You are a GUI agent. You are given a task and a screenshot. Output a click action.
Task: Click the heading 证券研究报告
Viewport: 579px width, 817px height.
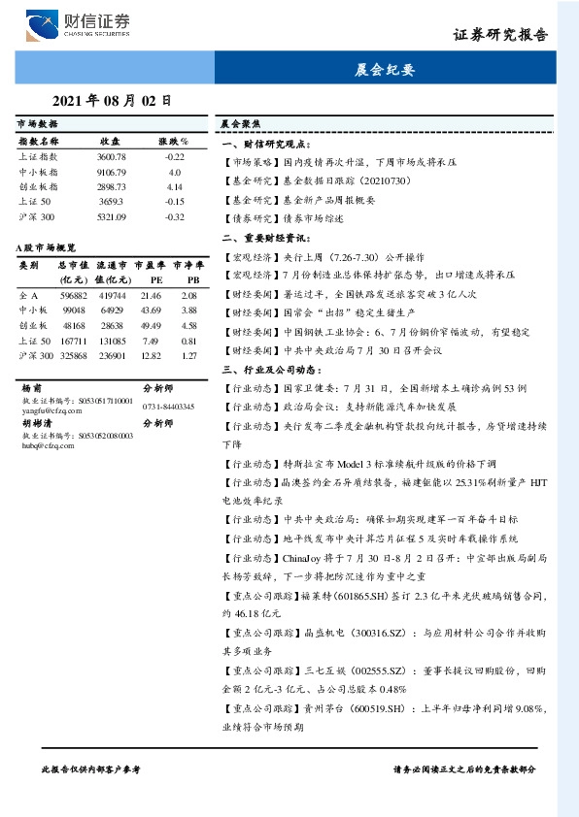(x=500, y=34)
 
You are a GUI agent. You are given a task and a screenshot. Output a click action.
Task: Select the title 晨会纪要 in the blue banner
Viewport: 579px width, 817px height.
(x=385, y=70)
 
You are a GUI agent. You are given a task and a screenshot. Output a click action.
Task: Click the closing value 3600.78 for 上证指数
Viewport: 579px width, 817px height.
(x=112, y=156)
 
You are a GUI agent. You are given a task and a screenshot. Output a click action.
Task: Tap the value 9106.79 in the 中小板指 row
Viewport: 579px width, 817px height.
(x=112, y=171)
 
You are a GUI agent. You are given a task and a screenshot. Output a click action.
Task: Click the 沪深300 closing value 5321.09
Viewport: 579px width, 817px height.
(x=112, y=216)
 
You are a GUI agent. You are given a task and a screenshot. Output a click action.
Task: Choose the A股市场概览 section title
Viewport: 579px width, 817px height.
(x=47, y=247)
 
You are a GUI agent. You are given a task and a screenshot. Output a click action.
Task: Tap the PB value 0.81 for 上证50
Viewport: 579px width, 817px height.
(x=188, y=341)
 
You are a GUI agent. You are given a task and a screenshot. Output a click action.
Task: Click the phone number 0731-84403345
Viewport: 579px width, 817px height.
(x=167, y=407)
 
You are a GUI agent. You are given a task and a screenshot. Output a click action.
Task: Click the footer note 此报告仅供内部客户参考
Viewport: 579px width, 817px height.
(x=91, y=768)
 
